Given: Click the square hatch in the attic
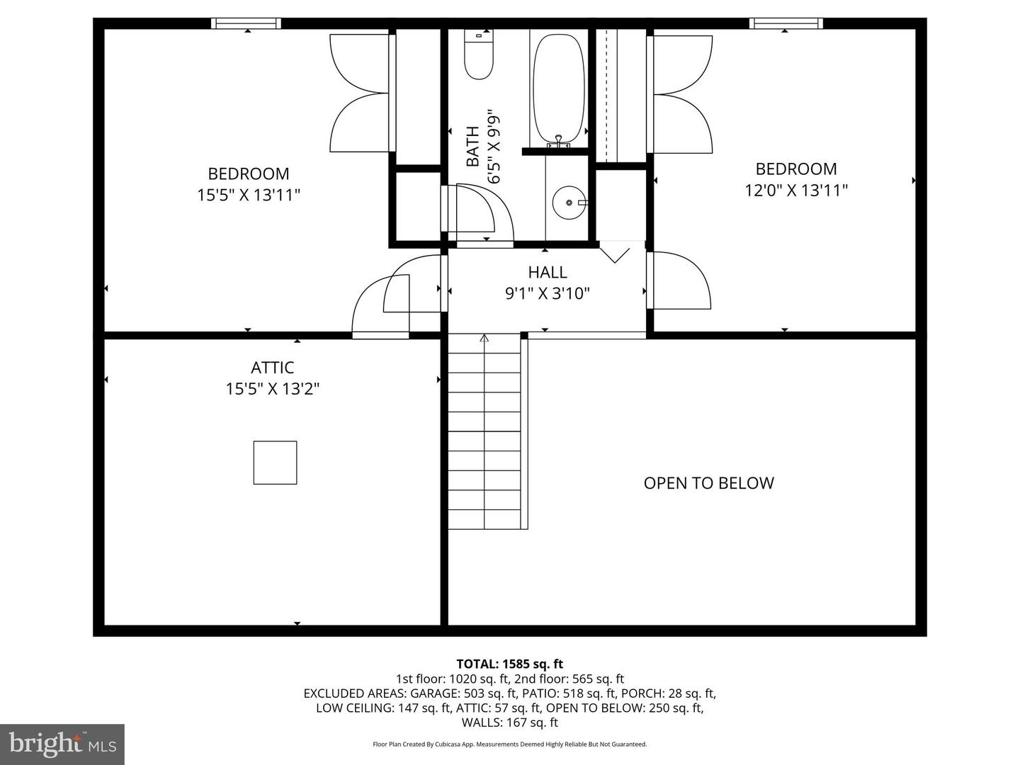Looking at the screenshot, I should point(275,463).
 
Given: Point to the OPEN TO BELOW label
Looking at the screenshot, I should point(708,483).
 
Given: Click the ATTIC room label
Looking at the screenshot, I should point(273,368).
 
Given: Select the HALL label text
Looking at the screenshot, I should point(547,272).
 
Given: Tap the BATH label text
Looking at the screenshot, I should point(472,147).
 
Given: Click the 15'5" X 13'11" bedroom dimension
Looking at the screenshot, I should point(249,195).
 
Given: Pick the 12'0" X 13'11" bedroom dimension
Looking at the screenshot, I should point(796,190).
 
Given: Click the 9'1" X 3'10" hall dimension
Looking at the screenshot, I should point(547,293).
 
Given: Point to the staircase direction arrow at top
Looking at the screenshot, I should point(484,339).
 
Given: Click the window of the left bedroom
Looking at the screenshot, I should point(246,23).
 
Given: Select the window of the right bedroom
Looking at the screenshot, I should point(786,23).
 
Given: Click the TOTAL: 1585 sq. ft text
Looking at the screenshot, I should point(509,664).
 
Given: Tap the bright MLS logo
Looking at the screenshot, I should point(62,744).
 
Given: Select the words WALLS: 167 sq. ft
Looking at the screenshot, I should point(509,722).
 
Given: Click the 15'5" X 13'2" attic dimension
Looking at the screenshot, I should point(273,389).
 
